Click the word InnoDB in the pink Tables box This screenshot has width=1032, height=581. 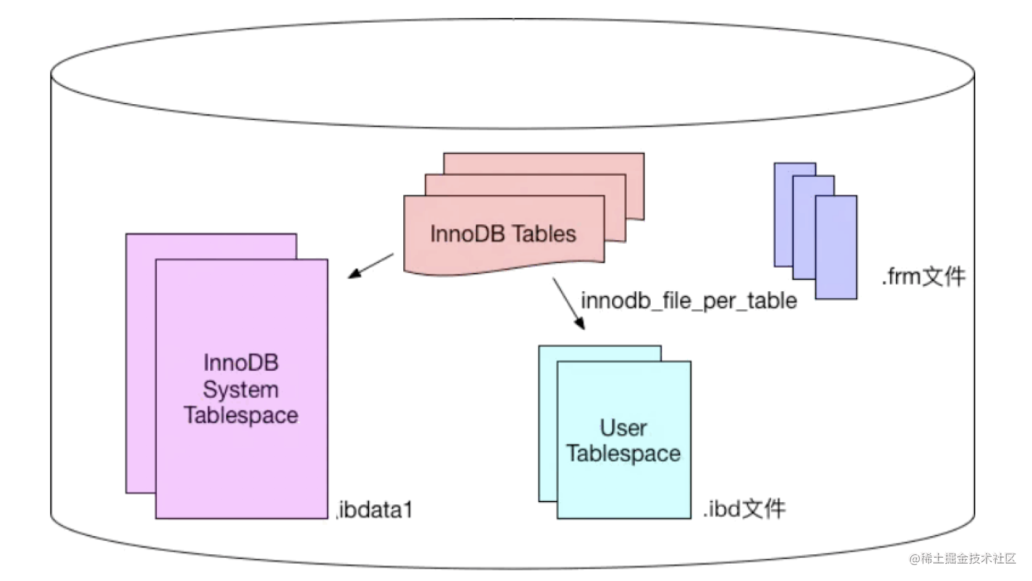coord(467,234)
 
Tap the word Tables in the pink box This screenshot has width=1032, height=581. coord(544,234)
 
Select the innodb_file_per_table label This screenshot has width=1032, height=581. coord(689,301)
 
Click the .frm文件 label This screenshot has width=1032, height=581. coord(923,276)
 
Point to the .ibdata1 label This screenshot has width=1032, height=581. coord(374,510)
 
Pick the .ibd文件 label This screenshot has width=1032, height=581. coord(744,509)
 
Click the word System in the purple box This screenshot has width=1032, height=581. coord(240,390)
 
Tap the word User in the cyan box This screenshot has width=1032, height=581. coord(623,428)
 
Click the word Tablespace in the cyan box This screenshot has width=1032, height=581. coord(623,453)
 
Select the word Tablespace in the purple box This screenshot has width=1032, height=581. coord(241,415)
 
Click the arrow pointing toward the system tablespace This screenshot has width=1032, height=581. coord(371,265)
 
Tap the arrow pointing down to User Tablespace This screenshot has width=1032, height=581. coord(569,304)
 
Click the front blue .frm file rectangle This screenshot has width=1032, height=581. coord(836,247)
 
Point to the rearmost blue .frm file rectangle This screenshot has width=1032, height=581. coord(783,215)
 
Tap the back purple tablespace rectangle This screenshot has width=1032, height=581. coord(141,363)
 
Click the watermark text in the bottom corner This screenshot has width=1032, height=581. coord(963,559)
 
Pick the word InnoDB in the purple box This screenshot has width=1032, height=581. coord(241,363)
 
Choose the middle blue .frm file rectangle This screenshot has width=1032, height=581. coord(804,228)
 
